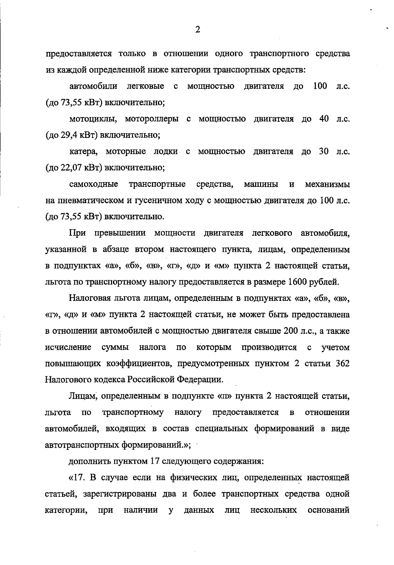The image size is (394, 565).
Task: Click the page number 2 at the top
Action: click(x=197, y=30)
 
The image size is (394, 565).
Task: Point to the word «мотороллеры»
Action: click(x=152, y=119)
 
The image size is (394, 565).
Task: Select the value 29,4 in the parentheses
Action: click(x=68, y=135)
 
